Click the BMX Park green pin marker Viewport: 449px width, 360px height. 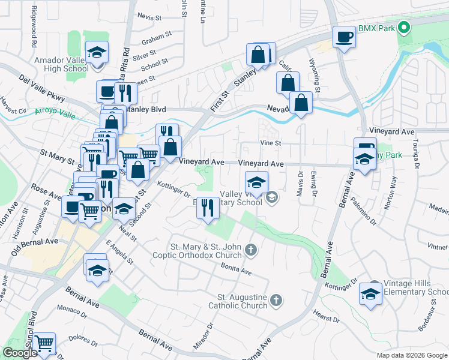[x=404, y=28]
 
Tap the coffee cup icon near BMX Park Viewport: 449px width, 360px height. [x=345, y=37]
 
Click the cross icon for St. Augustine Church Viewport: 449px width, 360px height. [x=276, y=300]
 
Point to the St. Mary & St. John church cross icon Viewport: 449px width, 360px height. [x=251, y=249]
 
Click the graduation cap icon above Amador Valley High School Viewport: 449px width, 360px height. [x=96, y=53]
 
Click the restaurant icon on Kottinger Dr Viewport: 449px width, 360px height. [x=208, y=208]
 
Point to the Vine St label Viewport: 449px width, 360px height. [x=271, y=143]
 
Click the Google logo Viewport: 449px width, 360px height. [x=20, y=353]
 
